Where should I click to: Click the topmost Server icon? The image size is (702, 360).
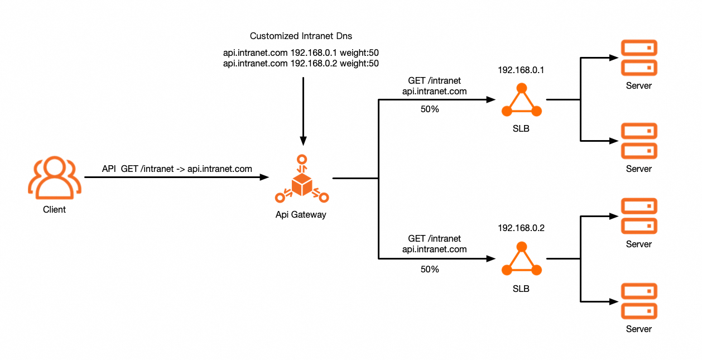pos(639,57)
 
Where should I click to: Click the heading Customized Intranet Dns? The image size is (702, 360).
pos(301,36)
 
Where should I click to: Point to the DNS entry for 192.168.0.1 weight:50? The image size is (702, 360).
pos(301,53)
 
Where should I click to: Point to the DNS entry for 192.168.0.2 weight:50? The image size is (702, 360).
pos(301,64)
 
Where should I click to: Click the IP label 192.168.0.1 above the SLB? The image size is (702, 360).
pos(521,71)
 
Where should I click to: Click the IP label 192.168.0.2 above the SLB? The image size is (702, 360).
pos(521,228)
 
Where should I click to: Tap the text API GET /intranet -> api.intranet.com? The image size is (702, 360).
pos(177,169)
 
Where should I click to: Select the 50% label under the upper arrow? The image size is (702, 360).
pos(430,109)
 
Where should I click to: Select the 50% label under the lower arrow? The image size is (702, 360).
pos(430,269)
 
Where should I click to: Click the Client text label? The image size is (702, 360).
pos(54,210)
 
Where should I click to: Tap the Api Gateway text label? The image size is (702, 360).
pos(301,214)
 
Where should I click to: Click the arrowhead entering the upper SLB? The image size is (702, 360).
pos(492,100)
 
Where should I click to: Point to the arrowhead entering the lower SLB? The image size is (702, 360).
pos(492,259)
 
